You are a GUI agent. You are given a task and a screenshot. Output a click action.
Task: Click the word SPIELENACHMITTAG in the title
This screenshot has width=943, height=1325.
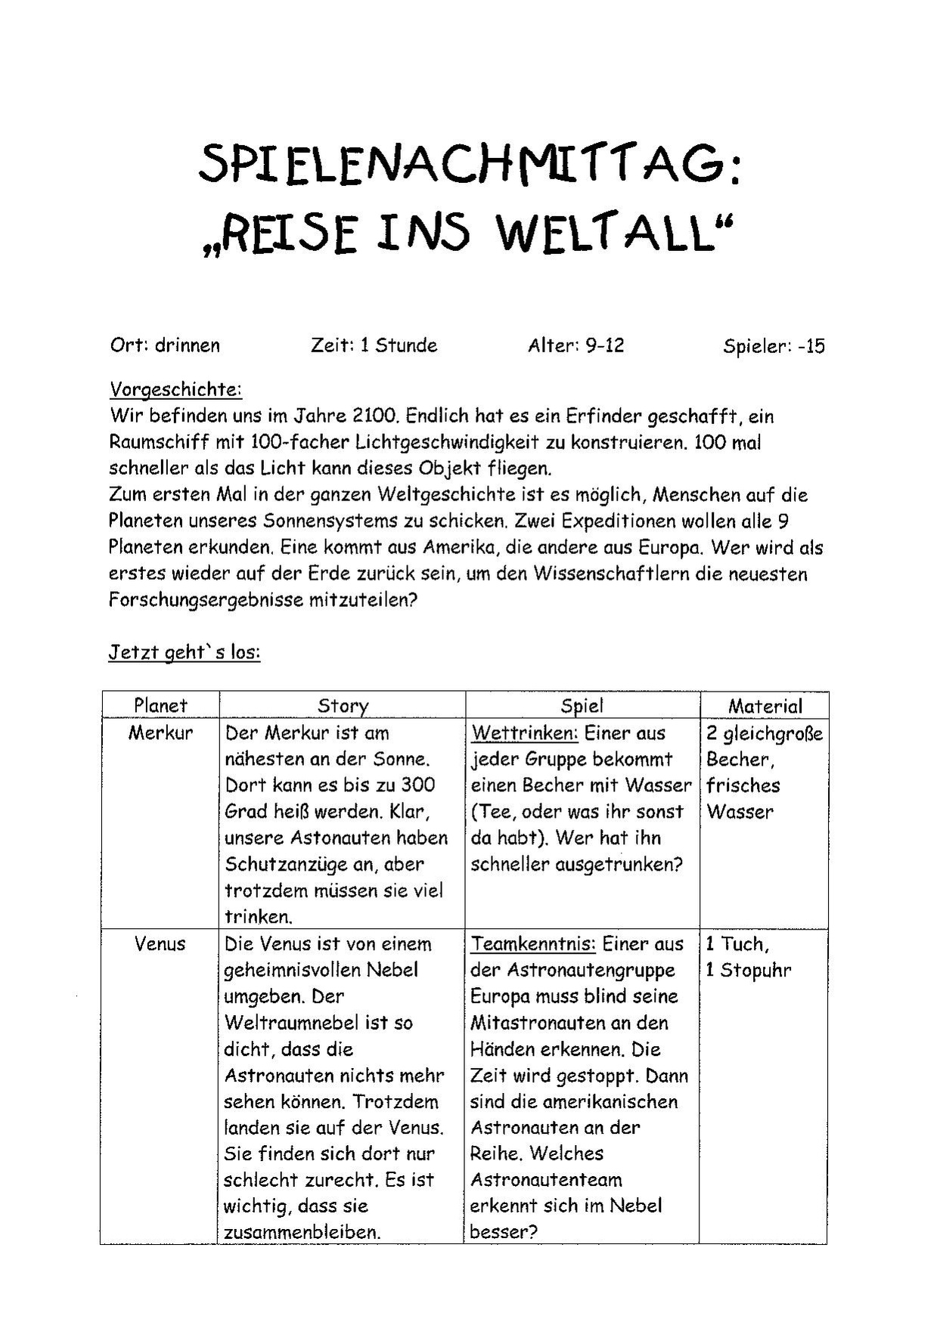tap(469, 165)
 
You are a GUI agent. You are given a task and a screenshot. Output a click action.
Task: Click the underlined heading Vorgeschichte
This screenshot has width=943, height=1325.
tap(175, 390)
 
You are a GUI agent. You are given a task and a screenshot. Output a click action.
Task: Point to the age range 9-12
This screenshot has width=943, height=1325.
tap(604, 346)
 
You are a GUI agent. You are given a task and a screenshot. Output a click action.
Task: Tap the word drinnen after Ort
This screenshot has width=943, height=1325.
tap(188, 345)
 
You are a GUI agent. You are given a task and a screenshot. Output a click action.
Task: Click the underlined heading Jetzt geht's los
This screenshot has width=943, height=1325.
tap(185, 652)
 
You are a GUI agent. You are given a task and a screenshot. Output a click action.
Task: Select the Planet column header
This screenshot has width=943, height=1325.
tap(160, 705)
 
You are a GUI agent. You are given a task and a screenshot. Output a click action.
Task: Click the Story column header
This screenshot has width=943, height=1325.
tap(343, 706)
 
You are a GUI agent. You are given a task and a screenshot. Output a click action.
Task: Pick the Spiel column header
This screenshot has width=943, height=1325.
tap(582, 706)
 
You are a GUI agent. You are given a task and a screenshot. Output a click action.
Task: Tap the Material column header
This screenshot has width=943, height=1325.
tap(765, 706)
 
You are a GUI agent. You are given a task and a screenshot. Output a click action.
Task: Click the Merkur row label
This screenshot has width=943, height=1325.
tap(160, 732)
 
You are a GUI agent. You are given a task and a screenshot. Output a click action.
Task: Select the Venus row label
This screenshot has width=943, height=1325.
tap(160, 943)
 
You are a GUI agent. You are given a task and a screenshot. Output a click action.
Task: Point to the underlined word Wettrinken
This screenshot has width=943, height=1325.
tap(525, 733)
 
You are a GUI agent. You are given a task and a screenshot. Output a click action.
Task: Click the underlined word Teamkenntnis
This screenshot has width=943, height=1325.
tap(533, 944)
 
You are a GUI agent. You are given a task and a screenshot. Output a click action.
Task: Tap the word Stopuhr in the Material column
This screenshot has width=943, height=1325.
tap(755, 970)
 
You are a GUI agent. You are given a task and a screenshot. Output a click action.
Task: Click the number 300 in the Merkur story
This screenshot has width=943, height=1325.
tap(418, 785)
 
